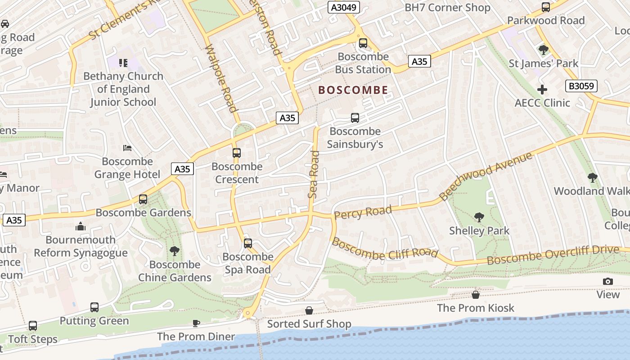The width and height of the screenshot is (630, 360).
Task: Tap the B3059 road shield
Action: point(580,86)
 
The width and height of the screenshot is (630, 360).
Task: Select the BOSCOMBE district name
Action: point(353,90)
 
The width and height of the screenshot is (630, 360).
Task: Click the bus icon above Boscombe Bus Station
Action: point(363,43)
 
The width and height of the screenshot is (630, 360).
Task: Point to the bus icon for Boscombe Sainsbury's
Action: point(355,118)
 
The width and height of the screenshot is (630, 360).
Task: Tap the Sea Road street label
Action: point(314,175)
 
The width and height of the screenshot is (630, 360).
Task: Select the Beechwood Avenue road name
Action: point(486,176)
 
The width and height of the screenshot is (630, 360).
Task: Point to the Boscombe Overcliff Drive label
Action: point(553,255)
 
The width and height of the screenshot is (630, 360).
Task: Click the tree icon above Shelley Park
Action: point(479,217)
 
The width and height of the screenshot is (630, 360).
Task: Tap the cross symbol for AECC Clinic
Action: point(542,90)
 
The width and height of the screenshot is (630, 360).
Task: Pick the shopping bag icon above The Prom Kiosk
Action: point(476,295)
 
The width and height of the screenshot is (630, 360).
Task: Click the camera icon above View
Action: point(608,281)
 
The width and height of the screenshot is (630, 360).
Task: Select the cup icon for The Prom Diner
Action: point(196,323)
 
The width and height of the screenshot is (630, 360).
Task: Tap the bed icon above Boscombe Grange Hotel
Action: point(127,148)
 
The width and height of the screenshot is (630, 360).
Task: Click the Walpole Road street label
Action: point(220,78)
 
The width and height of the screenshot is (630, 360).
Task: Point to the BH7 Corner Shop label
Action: point(447,8)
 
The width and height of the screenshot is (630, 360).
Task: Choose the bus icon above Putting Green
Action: point(94,307)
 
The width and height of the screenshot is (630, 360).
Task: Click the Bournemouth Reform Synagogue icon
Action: point(81,226)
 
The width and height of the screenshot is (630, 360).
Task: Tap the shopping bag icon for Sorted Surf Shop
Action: point(309,310)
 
